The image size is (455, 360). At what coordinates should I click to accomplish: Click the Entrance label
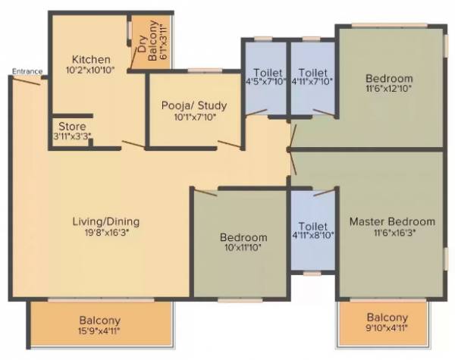pyautogui.click(x=27, y=72)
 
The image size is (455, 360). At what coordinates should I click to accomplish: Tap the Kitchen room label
pyautogui.click(x=92, y=60)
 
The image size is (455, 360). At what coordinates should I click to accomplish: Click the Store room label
pyautogui.click(x=70, y=126)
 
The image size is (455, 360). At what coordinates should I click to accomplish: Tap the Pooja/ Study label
pyautogui.click(x=194, y=105)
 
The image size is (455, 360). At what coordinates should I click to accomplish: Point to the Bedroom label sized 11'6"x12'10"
pyautogui.click(x=388, y=78)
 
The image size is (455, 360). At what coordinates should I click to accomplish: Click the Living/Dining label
pyautogui.click(x=105, y=222)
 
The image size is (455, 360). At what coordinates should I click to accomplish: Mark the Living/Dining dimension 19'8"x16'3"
pyautogui.click(x=105, y=233)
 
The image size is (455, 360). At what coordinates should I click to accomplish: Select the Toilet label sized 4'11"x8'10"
pyautogui.click(x=313, y=226)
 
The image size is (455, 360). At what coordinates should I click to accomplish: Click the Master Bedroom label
pyautogui.click(x=392, y=222)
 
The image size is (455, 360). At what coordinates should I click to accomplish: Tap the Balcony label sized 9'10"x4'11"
pyautogui.click(x=388, y=318)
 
